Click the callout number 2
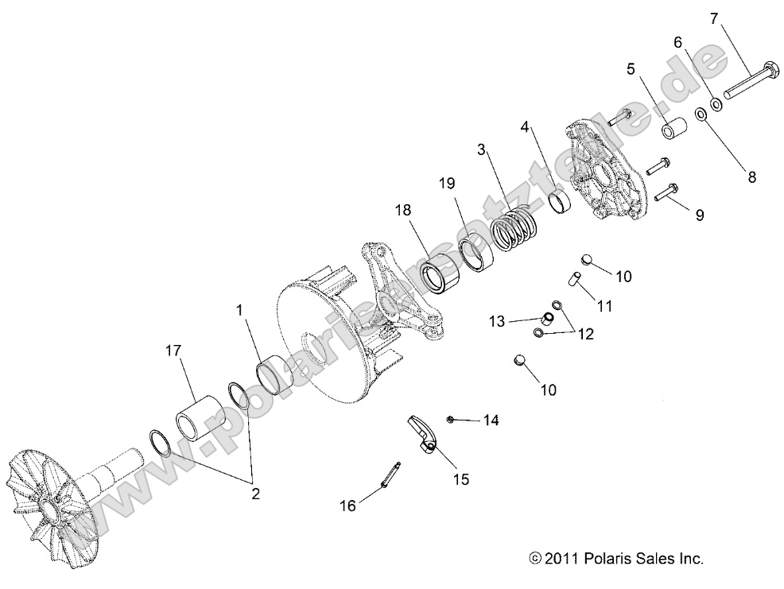pyautogui.click(x=255, y=494)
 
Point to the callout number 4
pyautogui.click(x=525, y=126)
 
